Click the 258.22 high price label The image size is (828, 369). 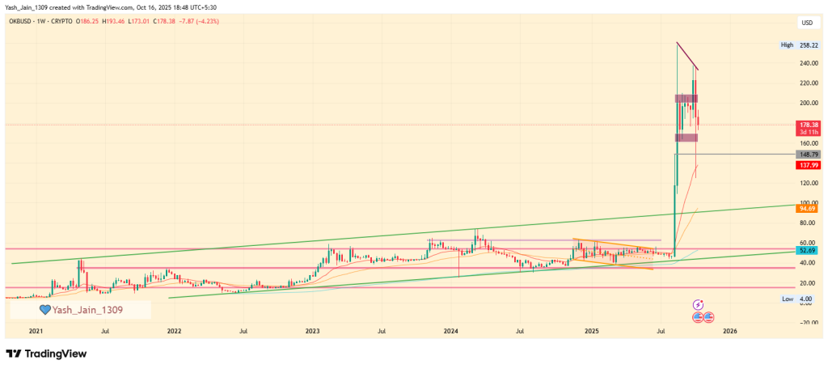(809, 45)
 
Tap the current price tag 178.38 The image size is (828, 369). (809, 125)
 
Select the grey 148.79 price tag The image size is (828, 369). (809, 154)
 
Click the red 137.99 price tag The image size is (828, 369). (809, 165)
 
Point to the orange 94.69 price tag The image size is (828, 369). (809, 207)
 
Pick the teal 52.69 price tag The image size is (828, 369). (809, 251)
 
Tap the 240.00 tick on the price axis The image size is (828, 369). (807, 63)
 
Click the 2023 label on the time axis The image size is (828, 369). (313, 331)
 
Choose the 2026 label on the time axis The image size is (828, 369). (729, 331)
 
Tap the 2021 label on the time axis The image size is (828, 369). (36, 331)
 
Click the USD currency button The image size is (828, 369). (807, 23)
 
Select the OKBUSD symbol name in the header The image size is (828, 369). (22, 20)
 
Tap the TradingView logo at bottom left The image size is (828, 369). (46, 354)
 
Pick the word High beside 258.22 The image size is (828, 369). (788, 45)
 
